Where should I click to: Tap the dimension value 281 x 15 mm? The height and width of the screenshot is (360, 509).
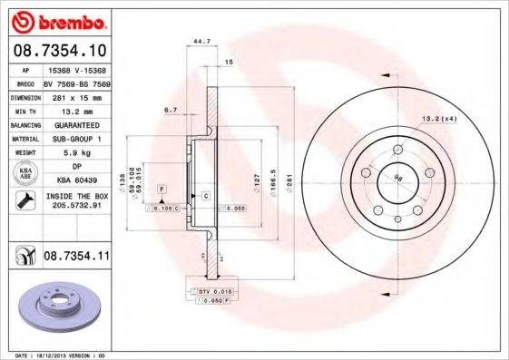(x=75, y=96)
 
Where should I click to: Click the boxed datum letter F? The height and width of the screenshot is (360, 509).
(x=162, y=188)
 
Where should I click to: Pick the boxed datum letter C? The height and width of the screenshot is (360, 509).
(x=206, y=196)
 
